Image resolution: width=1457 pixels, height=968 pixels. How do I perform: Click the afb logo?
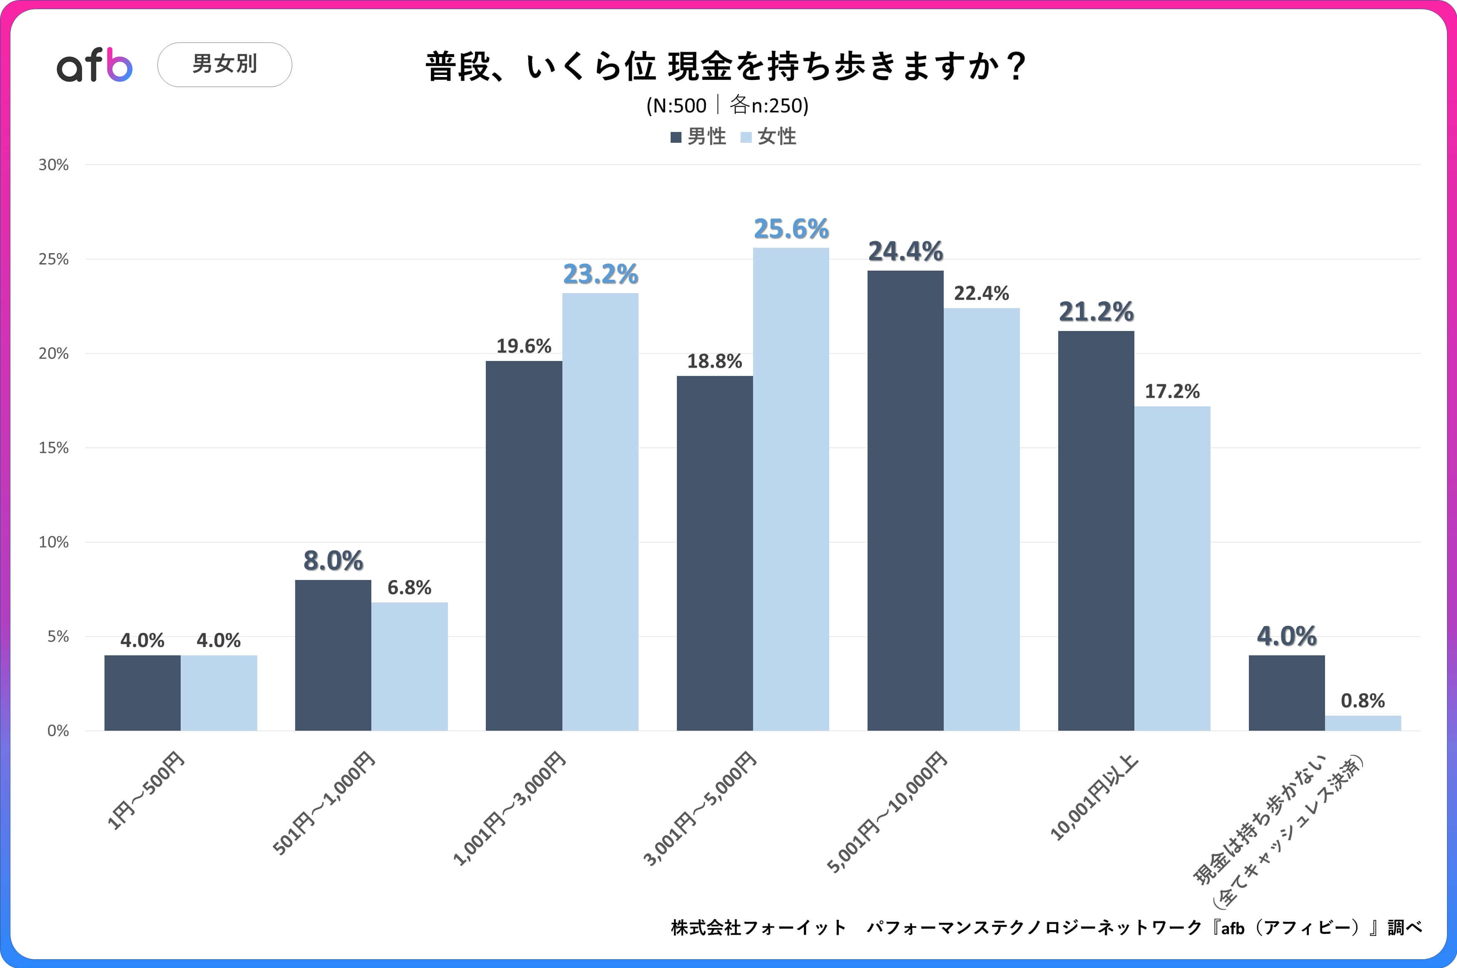pos(94,65)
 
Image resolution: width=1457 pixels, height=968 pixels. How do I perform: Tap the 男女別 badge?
pos(225,64)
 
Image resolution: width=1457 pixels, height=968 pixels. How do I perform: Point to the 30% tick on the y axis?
pos(54,165)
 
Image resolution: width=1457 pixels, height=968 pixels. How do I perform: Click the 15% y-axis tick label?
pos(54,448)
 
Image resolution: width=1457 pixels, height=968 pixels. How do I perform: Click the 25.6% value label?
pos(791,229)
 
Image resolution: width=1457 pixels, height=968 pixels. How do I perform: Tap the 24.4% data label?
pos(905,251)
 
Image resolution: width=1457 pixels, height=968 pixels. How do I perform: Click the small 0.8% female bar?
pos(1363,723)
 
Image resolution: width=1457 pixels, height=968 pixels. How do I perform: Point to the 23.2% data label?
pos(600,274)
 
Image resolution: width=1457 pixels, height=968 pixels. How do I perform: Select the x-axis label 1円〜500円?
pos(146,790)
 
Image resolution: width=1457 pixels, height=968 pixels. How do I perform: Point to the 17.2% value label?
pos(1172,391)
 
